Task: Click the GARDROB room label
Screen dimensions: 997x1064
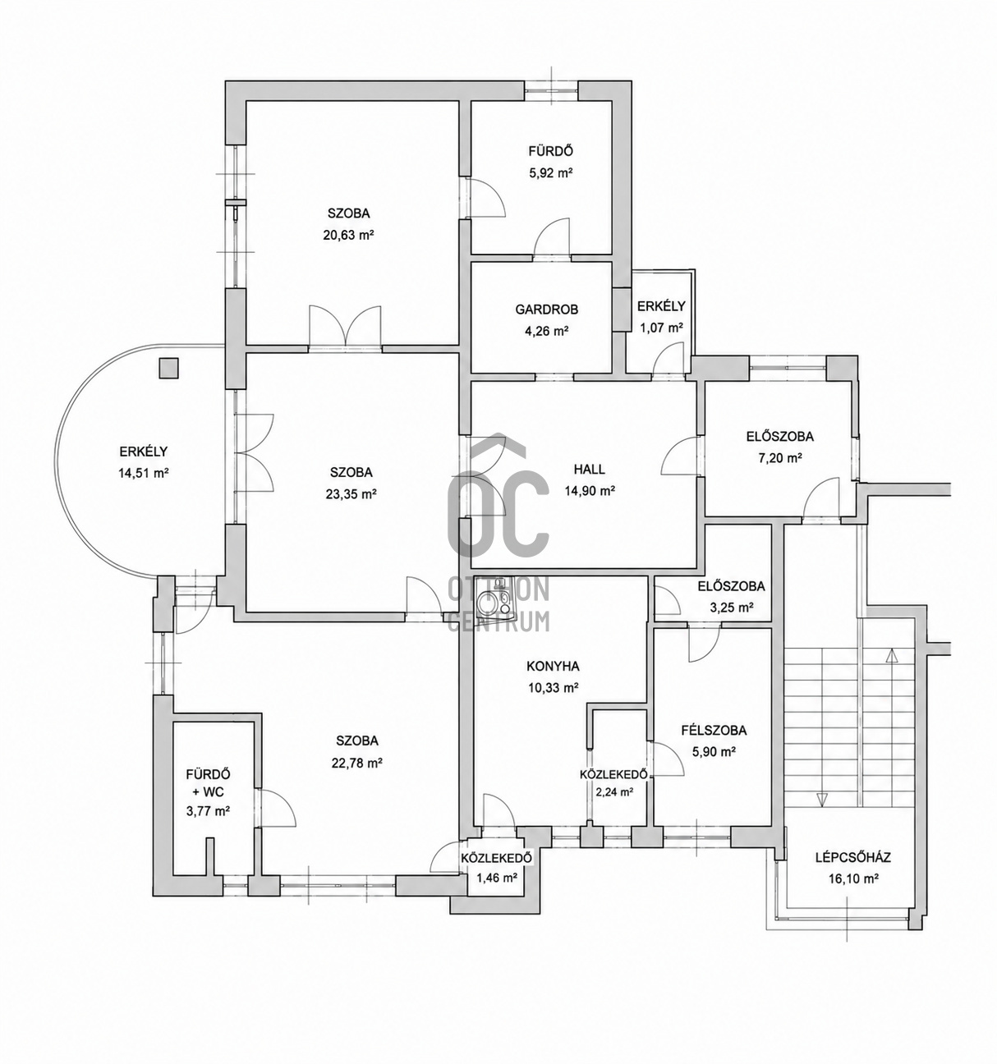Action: [x=547, y=310]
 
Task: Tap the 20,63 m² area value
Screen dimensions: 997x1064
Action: [x=348, y=235]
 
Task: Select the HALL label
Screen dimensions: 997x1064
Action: [x=590, y=470]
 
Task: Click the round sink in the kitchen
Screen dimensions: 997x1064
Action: [x=489, y=602]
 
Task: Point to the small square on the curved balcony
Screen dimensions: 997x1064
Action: [x=168, y=368]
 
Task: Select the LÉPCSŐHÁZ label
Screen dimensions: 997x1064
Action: [x=853, y=857]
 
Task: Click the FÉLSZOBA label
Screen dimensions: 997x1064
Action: [x=714, y=730]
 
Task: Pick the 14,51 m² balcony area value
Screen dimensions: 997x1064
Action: [x=144, y=473]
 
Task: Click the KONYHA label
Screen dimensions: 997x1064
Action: [x=554, y=666]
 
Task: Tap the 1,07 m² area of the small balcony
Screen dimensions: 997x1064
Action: [x=661, y=327]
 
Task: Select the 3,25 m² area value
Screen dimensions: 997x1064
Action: [x=733, y=608]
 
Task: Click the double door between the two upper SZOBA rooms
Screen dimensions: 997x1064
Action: [x=346, y=327]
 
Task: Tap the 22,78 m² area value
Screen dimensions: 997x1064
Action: [x=356, y=763]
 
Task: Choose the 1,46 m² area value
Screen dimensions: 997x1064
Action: [x=496, y=877]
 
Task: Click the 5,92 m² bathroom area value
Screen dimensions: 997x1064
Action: [x=550, y=172]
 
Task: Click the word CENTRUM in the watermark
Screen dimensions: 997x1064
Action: [x=499, y=621]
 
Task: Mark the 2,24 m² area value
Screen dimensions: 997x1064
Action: [x=615, y=791]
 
